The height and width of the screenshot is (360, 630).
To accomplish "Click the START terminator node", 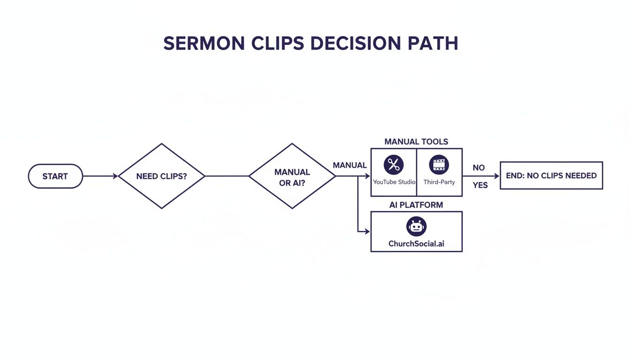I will coord(55,176).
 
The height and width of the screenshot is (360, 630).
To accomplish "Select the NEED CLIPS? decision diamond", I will coord(161,176).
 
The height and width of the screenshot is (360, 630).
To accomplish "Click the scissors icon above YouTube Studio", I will coord(394,165).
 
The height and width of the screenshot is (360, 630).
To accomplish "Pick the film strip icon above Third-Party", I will coord(439,165).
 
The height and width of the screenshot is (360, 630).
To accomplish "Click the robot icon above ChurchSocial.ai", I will coord(416,226).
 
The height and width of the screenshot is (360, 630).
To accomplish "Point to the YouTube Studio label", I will coord(394,182).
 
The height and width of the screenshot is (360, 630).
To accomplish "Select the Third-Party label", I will coord(439,182).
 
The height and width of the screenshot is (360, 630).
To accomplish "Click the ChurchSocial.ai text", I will coord(416,244).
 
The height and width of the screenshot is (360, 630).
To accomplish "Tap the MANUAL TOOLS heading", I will coord(416,142).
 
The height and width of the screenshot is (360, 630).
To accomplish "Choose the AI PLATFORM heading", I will coord(416,205).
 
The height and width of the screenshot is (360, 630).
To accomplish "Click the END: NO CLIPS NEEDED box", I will coord(551,176).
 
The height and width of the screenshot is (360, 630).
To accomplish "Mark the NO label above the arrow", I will coord(479,167).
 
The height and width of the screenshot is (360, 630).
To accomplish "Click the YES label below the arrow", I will coord(480,185).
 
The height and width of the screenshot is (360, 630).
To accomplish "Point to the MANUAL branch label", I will coord(350,165).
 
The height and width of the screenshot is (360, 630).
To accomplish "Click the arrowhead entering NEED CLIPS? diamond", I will coord(115,176).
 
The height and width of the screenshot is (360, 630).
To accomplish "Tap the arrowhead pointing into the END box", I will coord(497,176).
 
